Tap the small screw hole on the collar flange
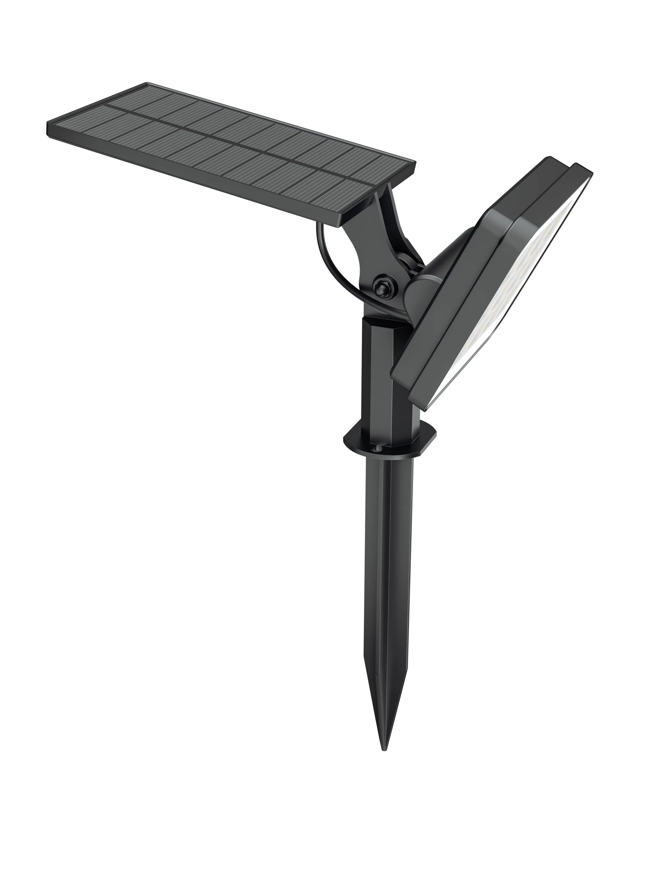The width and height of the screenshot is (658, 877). pos(375,448)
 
